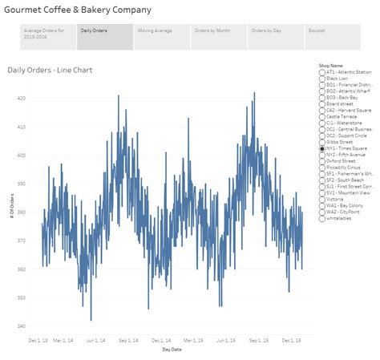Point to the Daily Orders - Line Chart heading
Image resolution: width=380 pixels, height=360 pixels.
[50, 71]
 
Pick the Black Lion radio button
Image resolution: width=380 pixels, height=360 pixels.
[321, 78]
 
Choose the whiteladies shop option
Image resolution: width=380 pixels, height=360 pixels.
[321, 218]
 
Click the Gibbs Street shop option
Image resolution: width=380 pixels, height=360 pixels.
[321, 142]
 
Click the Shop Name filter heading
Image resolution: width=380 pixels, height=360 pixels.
[330, 65]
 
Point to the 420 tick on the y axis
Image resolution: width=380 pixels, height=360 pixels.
[21, 98]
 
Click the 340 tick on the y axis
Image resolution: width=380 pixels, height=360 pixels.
[21, 326]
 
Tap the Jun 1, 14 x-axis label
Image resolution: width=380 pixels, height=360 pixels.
[97, 340]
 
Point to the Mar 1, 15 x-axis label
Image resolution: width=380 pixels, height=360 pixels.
[184, 340]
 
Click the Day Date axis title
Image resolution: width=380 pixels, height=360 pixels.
[172, 350]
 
